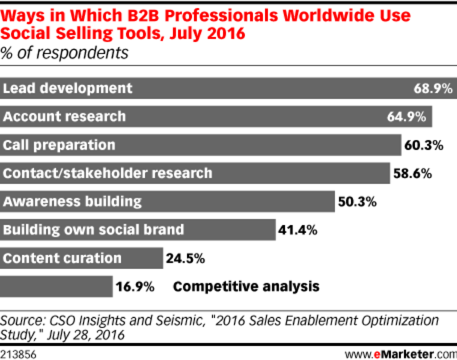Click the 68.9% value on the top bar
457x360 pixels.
coord(433,89)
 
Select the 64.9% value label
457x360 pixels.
coord(406,117)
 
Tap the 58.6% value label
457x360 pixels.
coord(412,173)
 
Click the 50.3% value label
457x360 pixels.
coord(357,202)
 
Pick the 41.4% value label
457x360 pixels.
coord(298,230)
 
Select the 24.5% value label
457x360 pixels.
coord(185,258)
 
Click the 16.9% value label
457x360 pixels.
coord(134,287)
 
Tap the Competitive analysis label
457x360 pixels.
coord(246,287)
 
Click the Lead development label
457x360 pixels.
coord(68,89)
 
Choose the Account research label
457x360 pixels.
coord(64,117)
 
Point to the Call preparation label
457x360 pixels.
coord(59,145)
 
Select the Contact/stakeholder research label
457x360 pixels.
coord(108,173)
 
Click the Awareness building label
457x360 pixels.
coord(72,202)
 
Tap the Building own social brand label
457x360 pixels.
coord(93,230)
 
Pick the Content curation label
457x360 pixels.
coord(62,258)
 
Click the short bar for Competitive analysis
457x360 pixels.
coord(57,287)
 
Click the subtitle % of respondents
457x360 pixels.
coord(64,52)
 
